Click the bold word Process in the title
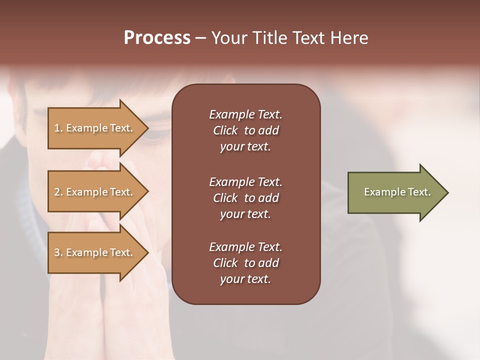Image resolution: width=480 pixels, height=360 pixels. point(157,38)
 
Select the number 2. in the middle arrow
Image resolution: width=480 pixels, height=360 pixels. point(58,192)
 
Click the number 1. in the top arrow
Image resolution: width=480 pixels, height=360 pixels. point(58,128)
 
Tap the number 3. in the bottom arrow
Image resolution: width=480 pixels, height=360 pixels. point(58,252)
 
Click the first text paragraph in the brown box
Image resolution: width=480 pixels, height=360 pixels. point(245,130)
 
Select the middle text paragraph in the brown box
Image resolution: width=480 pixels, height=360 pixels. point(245,198)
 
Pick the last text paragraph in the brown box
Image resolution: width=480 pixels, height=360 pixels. point(245,263)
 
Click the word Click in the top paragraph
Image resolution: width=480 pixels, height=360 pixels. point(225,130)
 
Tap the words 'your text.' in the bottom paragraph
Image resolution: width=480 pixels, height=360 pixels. point(245,279)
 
